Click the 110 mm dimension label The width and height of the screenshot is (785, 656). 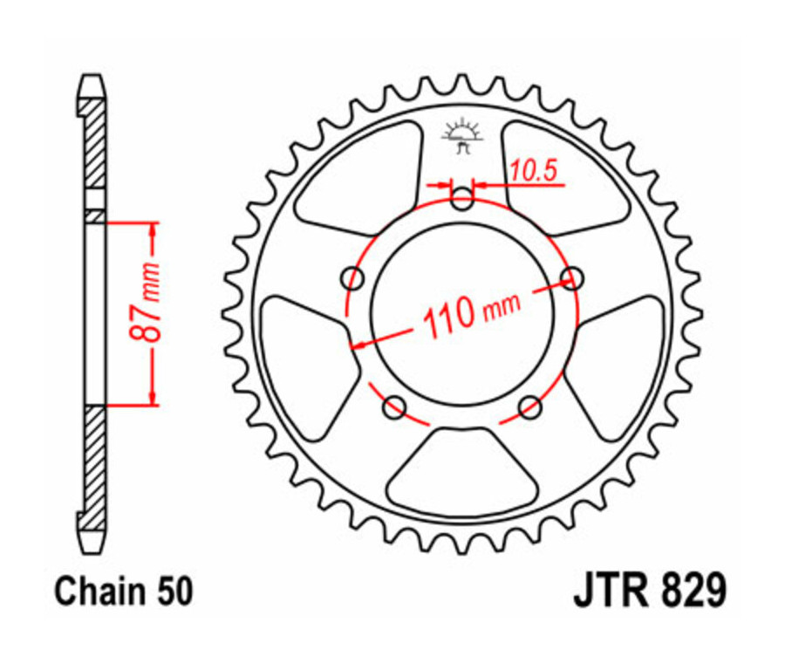[471, 313]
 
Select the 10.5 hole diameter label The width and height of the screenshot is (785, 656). [533, 171]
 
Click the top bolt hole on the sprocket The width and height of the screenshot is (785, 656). [462, 199]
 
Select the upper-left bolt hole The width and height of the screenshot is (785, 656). [353, 278]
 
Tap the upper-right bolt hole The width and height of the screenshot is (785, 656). [571, 278]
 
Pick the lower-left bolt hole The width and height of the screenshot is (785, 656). [394, 406]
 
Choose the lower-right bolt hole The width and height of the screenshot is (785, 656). [529, 406]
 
